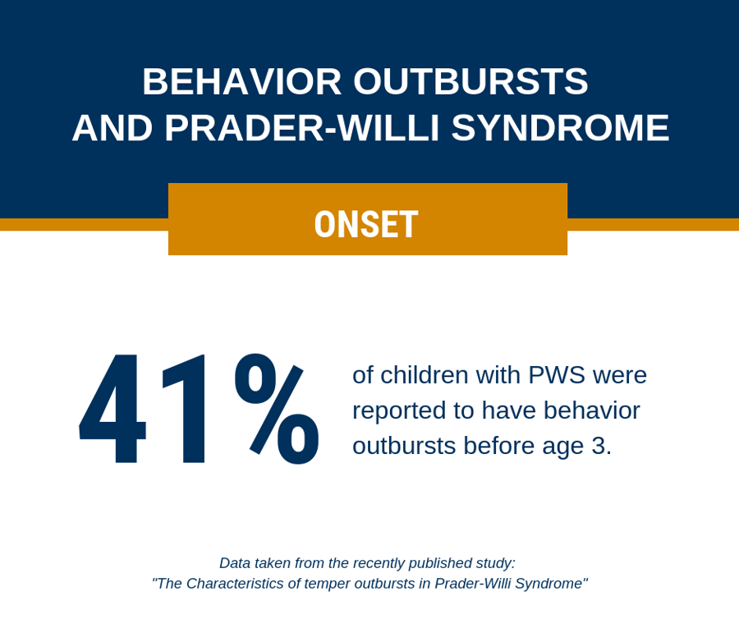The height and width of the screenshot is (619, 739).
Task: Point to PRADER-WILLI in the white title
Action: point(303,128)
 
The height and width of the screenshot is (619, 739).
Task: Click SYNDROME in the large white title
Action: point(560,128)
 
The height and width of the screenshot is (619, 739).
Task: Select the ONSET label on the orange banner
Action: point(366,224)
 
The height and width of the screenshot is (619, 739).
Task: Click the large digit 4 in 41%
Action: point(113,409)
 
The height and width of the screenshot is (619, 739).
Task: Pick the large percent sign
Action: point(276,409)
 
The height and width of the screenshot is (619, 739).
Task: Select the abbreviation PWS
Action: point(556,374)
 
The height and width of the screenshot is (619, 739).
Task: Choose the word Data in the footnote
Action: point(235,563)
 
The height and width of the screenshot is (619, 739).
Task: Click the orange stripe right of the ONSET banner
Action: point(653,224)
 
